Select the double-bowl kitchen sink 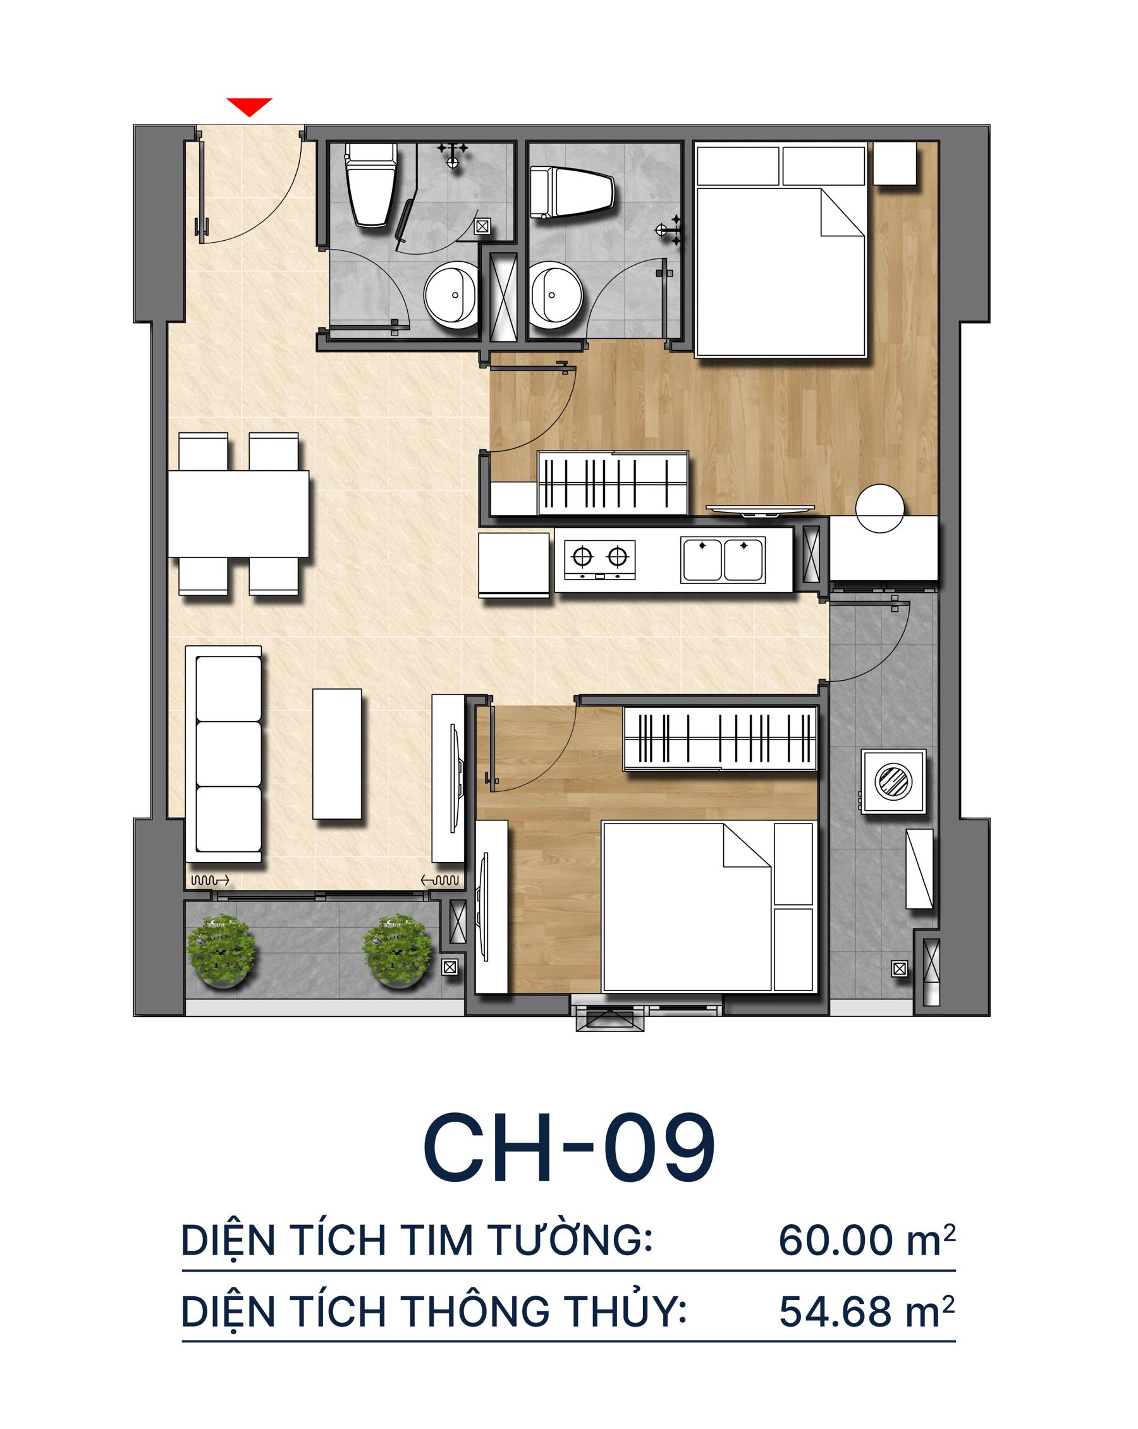[722, 559]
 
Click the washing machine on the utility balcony [893, 781]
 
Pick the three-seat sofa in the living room [223, 754]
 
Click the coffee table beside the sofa [337, 753]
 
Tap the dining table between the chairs [239, 514]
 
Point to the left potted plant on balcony [221, 951]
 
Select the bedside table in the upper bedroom [895, 164]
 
